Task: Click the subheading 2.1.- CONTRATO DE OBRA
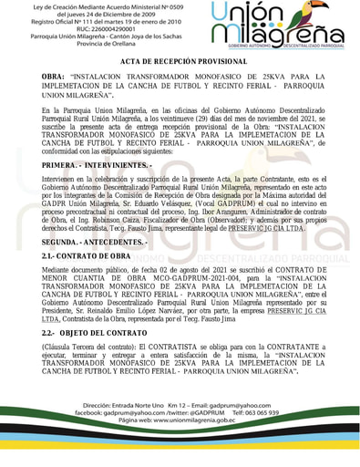(87, 257)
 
